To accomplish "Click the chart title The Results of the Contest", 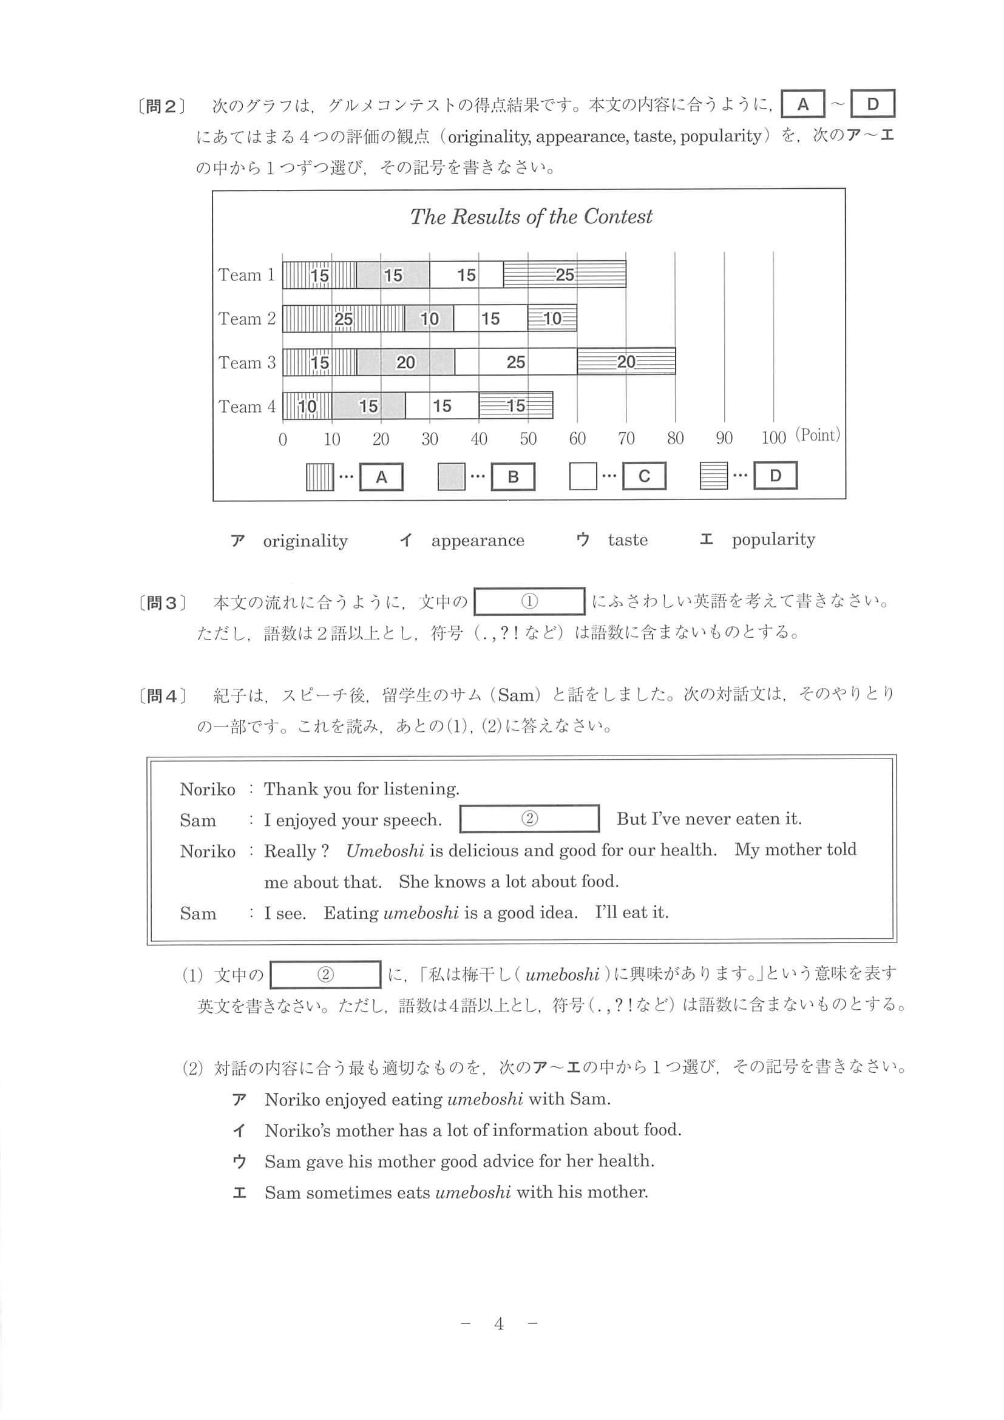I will pos(531,217).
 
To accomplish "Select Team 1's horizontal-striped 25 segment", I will pos(564,275).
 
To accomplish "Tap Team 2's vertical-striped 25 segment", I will pos(344,319).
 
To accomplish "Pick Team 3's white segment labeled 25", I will pos(515,362).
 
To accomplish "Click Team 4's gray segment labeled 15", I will pos(368,406).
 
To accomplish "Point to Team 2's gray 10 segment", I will pos(429,319).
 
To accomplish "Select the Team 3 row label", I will pos(246,362).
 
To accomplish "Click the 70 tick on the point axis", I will pos(626,439).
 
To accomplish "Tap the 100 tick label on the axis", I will pos(773,438).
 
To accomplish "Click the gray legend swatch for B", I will pos(451,476).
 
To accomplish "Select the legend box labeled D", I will pos(775,476).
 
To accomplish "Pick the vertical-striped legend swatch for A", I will pos(319,477).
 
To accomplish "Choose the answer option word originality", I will pos(305,541).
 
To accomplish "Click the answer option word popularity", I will pos(773,539).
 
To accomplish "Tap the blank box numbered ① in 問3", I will pos(529,601).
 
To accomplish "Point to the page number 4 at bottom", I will pos(499,1324).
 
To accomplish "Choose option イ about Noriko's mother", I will pos(473,1130).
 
